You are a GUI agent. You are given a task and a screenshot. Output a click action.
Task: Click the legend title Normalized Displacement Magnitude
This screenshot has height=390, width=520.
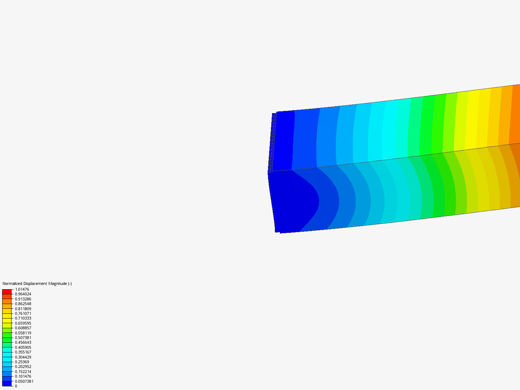point(37,283)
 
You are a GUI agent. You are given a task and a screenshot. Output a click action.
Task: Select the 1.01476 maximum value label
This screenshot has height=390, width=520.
point(22,289)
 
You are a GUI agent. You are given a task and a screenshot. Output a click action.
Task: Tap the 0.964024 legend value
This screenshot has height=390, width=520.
point(23,294)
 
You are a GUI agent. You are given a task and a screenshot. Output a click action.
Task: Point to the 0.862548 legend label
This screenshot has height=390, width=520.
point(23,304)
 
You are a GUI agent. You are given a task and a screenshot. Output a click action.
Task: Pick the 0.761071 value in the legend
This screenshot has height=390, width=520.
point(23,313)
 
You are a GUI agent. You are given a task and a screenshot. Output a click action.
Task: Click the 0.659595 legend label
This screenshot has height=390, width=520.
point(23,323)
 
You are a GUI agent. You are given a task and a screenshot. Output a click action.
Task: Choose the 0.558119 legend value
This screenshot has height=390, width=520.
point(23,333)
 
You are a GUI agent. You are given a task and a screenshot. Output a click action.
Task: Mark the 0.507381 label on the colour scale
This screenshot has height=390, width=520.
point(23,338)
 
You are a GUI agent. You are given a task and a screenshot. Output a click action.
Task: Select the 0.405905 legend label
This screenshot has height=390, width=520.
point(23,347)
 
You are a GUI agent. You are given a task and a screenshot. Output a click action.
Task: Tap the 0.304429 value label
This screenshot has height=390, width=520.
point(23,357)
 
